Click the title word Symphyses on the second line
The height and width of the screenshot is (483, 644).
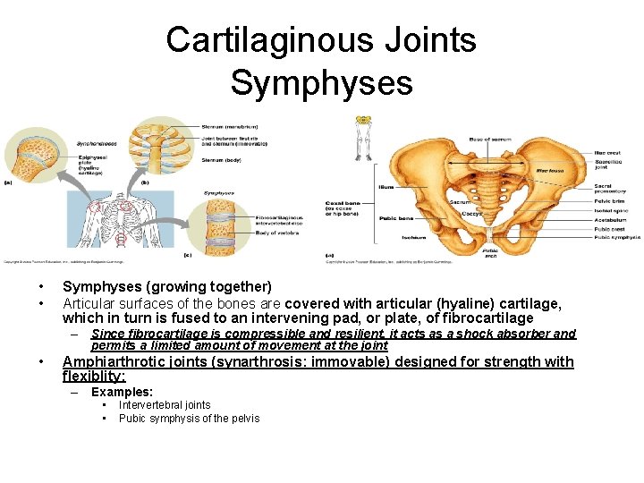coord(321,82)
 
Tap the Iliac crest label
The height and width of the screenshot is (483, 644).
coord(608,153)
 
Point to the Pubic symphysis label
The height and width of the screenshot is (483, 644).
coord(616,237)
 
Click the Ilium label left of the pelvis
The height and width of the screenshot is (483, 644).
coord(386,187)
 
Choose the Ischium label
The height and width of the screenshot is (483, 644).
coord(388,237)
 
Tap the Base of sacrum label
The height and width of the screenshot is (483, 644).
coord(489,140)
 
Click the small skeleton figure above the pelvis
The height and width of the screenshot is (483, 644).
coord(363,134)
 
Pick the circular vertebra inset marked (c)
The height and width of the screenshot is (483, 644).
coord(219,224)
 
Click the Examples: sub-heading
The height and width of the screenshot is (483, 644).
coord(123,392)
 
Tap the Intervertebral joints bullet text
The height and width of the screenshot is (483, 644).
coord(165,405)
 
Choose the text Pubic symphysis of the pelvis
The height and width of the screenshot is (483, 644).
coord(189,418)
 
